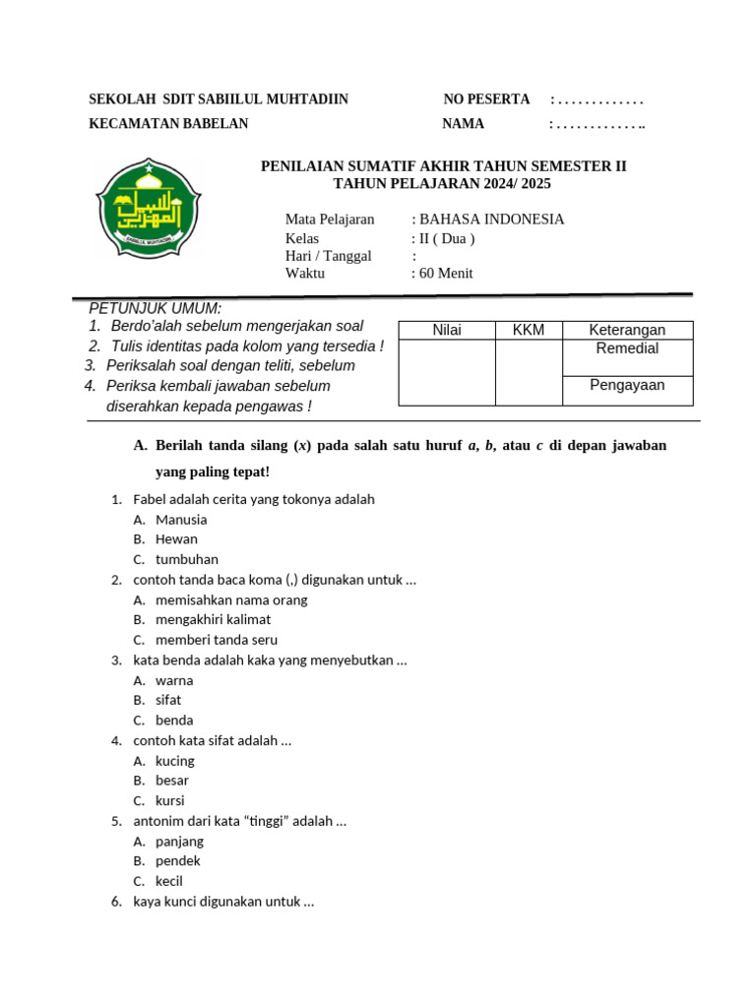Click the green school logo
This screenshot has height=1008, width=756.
pyautogui.click(x=149, y=204)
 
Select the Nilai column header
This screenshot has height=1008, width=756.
pyautogui.click(x=447, y=330)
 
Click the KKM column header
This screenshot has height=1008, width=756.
pyautogui.click(x=528, y=330)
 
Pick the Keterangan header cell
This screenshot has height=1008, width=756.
pyautogui.click(x=627, y=330)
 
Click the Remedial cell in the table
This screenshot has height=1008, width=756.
pyautogui.click(x=627, y=348)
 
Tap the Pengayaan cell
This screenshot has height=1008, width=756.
pyautogui.click(x=627, y=385)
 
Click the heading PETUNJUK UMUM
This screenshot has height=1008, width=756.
pyautogui.click(x=156, y=309)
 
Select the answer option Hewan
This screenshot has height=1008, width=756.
pyautogui.click(x=176, y=538)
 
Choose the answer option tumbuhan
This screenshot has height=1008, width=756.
pyautogui.click(x=187, y=559)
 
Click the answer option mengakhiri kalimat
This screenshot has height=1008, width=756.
pyautogui.click(x=213, y=619)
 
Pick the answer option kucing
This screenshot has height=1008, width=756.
pyautogui.click(x=175, y=760)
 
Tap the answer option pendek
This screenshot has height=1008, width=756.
pyautogui.click(x=178, y=860)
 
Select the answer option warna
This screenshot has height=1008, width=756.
pyautogui.click(x=174, y=680)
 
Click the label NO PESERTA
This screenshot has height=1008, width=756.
pyautogui.click(x=486, y=99)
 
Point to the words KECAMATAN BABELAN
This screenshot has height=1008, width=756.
pyautogui.click(x=168, y=124)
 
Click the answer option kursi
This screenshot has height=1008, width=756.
pyautogui.click(x=170, y=800)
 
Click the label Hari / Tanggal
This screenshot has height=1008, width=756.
pyautogui.click(x=328, y=256)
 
